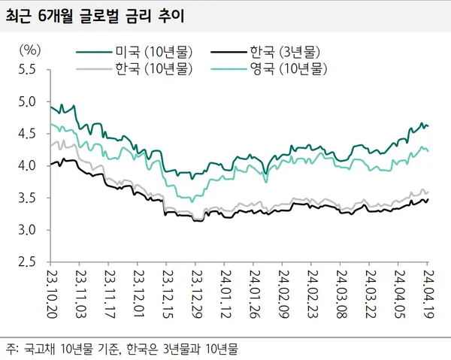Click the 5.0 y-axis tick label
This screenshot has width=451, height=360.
pyautogui.click(x=28, y=101)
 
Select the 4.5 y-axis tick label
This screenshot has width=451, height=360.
pyautogui.click(x=28, y=134)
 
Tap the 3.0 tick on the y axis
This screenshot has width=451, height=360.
pyautogui.click(x=28, y=230)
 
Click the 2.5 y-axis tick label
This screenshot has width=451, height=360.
pyautogui.click(x=28, y=262)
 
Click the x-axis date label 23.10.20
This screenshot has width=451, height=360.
pyautogui.click(x=53, y=297)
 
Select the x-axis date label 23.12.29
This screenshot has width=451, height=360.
pyautogui.click(x=197, y=297)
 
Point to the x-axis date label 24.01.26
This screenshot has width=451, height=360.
pyautogui.click(x=255, y=297)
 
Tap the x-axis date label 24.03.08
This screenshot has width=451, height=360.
pyautogui.click(x=341, y=297)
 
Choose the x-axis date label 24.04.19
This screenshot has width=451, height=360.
pyautogui.click(x=428, y=297)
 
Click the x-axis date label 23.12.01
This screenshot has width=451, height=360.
pyautogui.click(x=139, y=297)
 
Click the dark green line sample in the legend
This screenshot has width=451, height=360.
pyautogui.click(x=94, y=53)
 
